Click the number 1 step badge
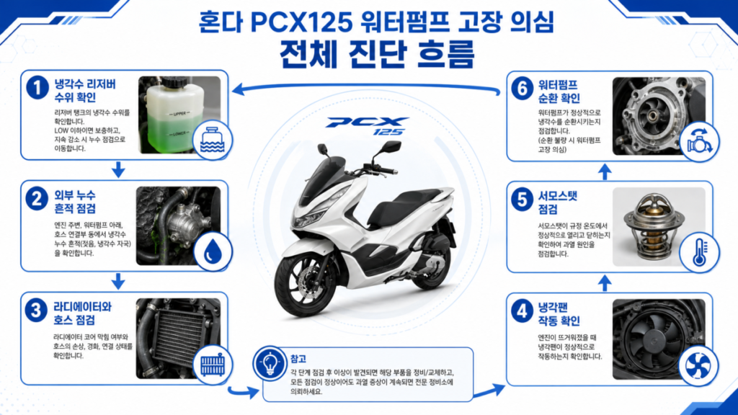pos(37,87)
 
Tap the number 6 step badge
pos(522,88)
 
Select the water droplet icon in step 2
pos(213,252)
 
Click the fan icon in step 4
pos(698,365)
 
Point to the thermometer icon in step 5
pos(700,252)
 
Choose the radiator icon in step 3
pos(213,365)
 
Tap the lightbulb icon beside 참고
pos(270,364)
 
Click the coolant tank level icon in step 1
pos(213,140)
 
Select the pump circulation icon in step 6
pos(699,140)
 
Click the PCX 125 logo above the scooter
pos(367,125)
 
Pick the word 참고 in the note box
pos(298,359)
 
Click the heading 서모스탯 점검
pos(558,202)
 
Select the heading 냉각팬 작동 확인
pos(559,314)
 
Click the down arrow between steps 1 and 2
pos(118,170)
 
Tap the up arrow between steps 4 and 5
pos(605,283)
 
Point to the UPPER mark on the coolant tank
pos(179,114)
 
